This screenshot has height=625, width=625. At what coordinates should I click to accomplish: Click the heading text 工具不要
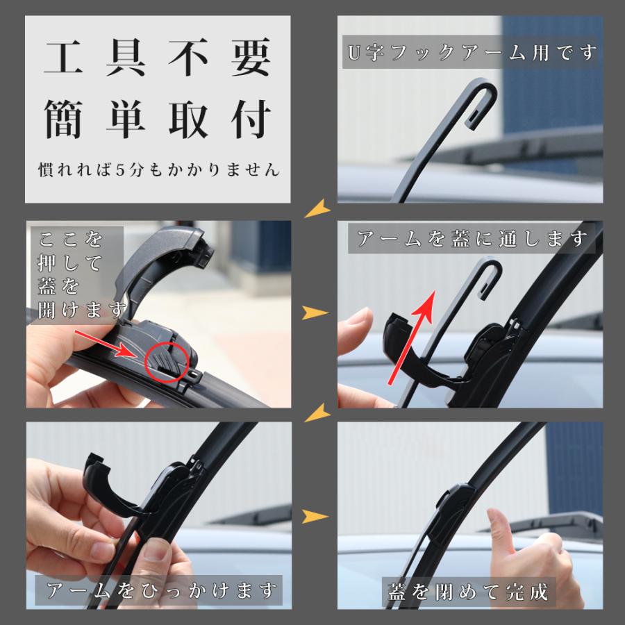(157, 61)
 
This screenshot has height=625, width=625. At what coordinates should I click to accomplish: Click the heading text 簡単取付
(157, 119)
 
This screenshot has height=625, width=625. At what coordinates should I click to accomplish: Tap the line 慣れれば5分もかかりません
(158, 169)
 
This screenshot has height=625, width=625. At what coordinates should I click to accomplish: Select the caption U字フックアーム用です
(470, 53)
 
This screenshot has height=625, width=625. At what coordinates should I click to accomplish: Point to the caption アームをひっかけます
(158, 591)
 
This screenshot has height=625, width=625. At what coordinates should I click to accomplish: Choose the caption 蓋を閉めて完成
(468, 591)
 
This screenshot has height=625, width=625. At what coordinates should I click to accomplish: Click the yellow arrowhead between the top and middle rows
(317, 207)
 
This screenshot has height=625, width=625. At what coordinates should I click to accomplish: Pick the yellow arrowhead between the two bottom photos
(315, 516)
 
